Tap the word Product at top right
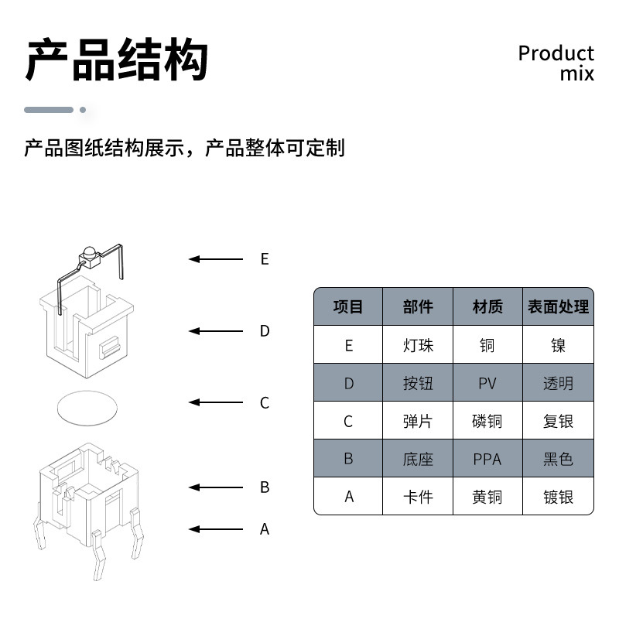tap(556, 53)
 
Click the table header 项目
tap(348, 307)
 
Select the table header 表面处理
tap(558, 307)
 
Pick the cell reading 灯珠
tap(418, 345)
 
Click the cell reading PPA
tap(487, 460)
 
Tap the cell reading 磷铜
tap(487, 422)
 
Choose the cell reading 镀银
tap(558, 497)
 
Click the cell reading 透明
tap(558, 383)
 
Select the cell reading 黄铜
tap(487, 497)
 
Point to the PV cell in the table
tap(487, 383)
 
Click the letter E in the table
tap(348, 345)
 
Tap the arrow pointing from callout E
tap(216, 259)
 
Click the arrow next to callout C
tap(216, 402)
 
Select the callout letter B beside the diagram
tap(265, 487)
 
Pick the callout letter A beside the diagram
tap(265, 529)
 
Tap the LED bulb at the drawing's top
tap(87, 253)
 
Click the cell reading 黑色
tap(558, 460)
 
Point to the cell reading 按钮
tap(418, 383)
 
